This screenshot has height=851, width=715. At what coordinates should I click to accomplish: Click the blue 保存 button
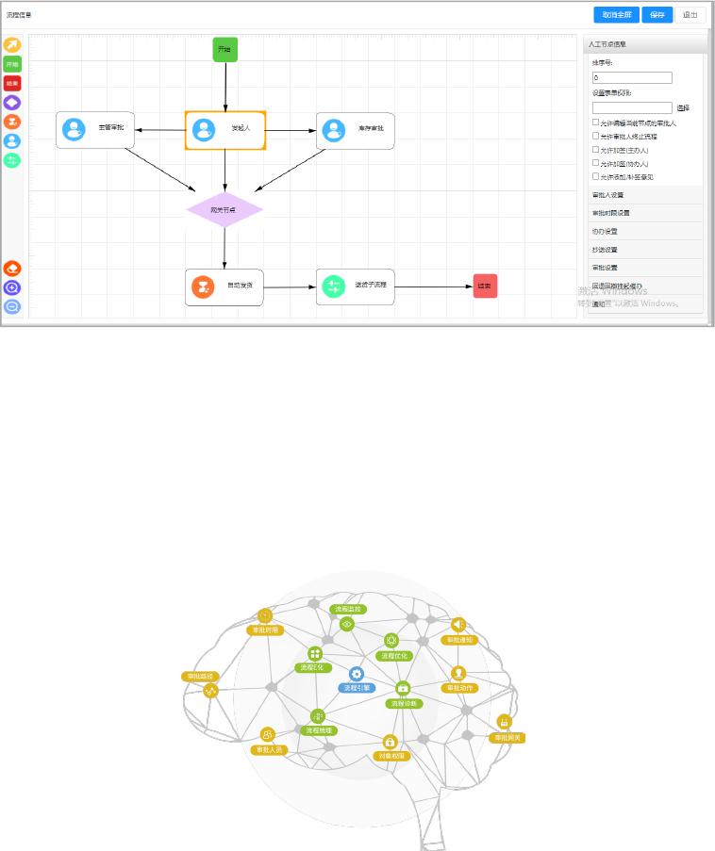[658, 15]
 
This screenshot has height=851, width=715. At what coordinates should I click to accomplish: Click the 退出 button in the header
[690, 15]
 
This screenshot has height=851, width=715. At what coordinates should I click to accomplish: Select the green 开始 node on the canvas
[224, 50]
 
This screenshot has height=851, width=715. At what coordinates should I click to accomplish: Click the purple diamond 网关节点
[224, 209]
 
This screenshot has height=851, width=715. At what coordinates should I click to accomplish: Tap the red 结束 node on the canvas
[485, 286]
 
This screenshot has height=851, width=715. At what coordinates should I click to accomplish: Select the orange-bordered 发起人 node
[225, 130]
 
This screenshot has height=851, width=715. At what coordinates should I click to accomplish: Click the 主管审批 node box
[95, 130]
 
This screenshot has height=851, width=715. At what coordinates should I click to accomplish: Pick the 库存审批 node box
[355, 131]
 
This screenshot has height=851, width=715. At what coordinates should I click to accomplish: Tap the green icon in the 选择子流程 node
[333, 286]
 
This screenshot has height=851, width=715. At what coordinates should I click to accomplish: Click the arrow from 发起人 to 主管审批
[159, 130]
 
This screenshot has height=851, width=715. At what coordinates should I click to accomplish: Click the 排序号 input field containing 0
[632, 78]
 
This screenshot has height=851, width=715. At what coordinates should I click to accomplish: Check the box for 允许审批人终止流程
[595, 136]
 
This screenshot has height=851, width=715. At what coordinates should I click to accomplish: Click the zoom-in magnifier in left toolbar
[12, 287]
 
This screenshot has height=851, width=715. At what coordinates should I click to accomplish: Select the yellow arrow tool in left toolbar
[12, 45]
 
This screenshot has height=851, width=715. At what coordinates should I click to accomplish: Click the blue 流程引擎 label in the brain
[357, 688]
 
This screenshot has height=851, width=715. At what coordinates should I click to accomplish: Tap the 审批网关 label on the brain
[507, 737]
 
